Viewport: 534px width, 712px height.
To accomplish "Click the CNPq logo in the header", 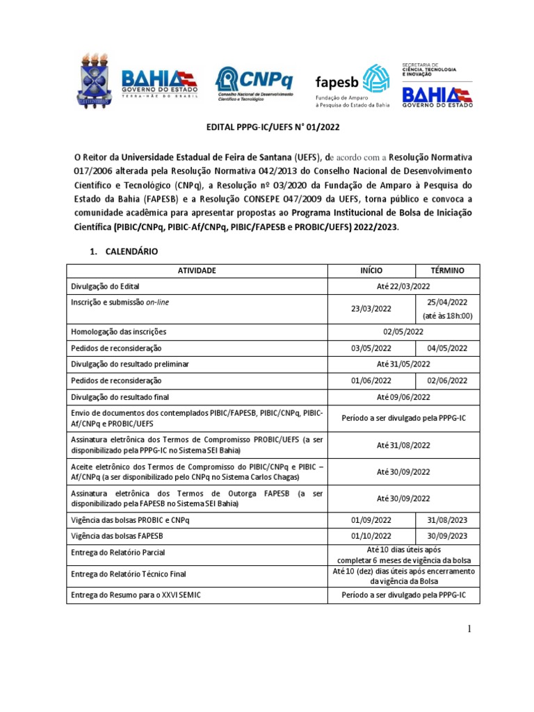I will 255,83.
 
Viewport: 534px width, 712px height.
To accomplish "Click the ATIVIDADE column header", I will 197,270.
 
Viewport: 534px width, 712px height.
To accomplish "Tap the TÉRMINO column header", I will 448,270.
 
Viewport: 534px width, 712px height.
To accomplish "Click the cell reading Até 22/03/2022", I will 403,286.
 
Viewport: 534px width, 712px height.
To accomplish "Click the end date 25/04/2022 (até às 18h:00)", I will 448,309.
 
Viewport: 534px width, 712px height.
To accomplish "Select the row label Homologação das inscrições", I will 119,332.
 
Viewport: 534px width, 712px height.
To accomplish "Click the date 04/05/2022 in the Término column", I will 448,348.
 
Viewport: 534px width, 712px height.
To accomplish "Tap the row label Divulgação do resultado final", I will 120,397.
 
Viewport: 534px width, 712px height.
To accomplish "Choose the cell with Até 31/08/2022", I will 403,445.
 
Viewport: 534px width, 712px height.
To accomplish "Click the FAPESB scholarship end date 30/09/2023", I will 448,536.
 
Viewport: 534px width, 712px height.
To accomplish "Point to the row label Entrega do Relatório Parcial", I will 118,553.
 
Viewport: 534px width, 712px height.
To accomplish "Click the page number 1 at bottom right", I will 469,630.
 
